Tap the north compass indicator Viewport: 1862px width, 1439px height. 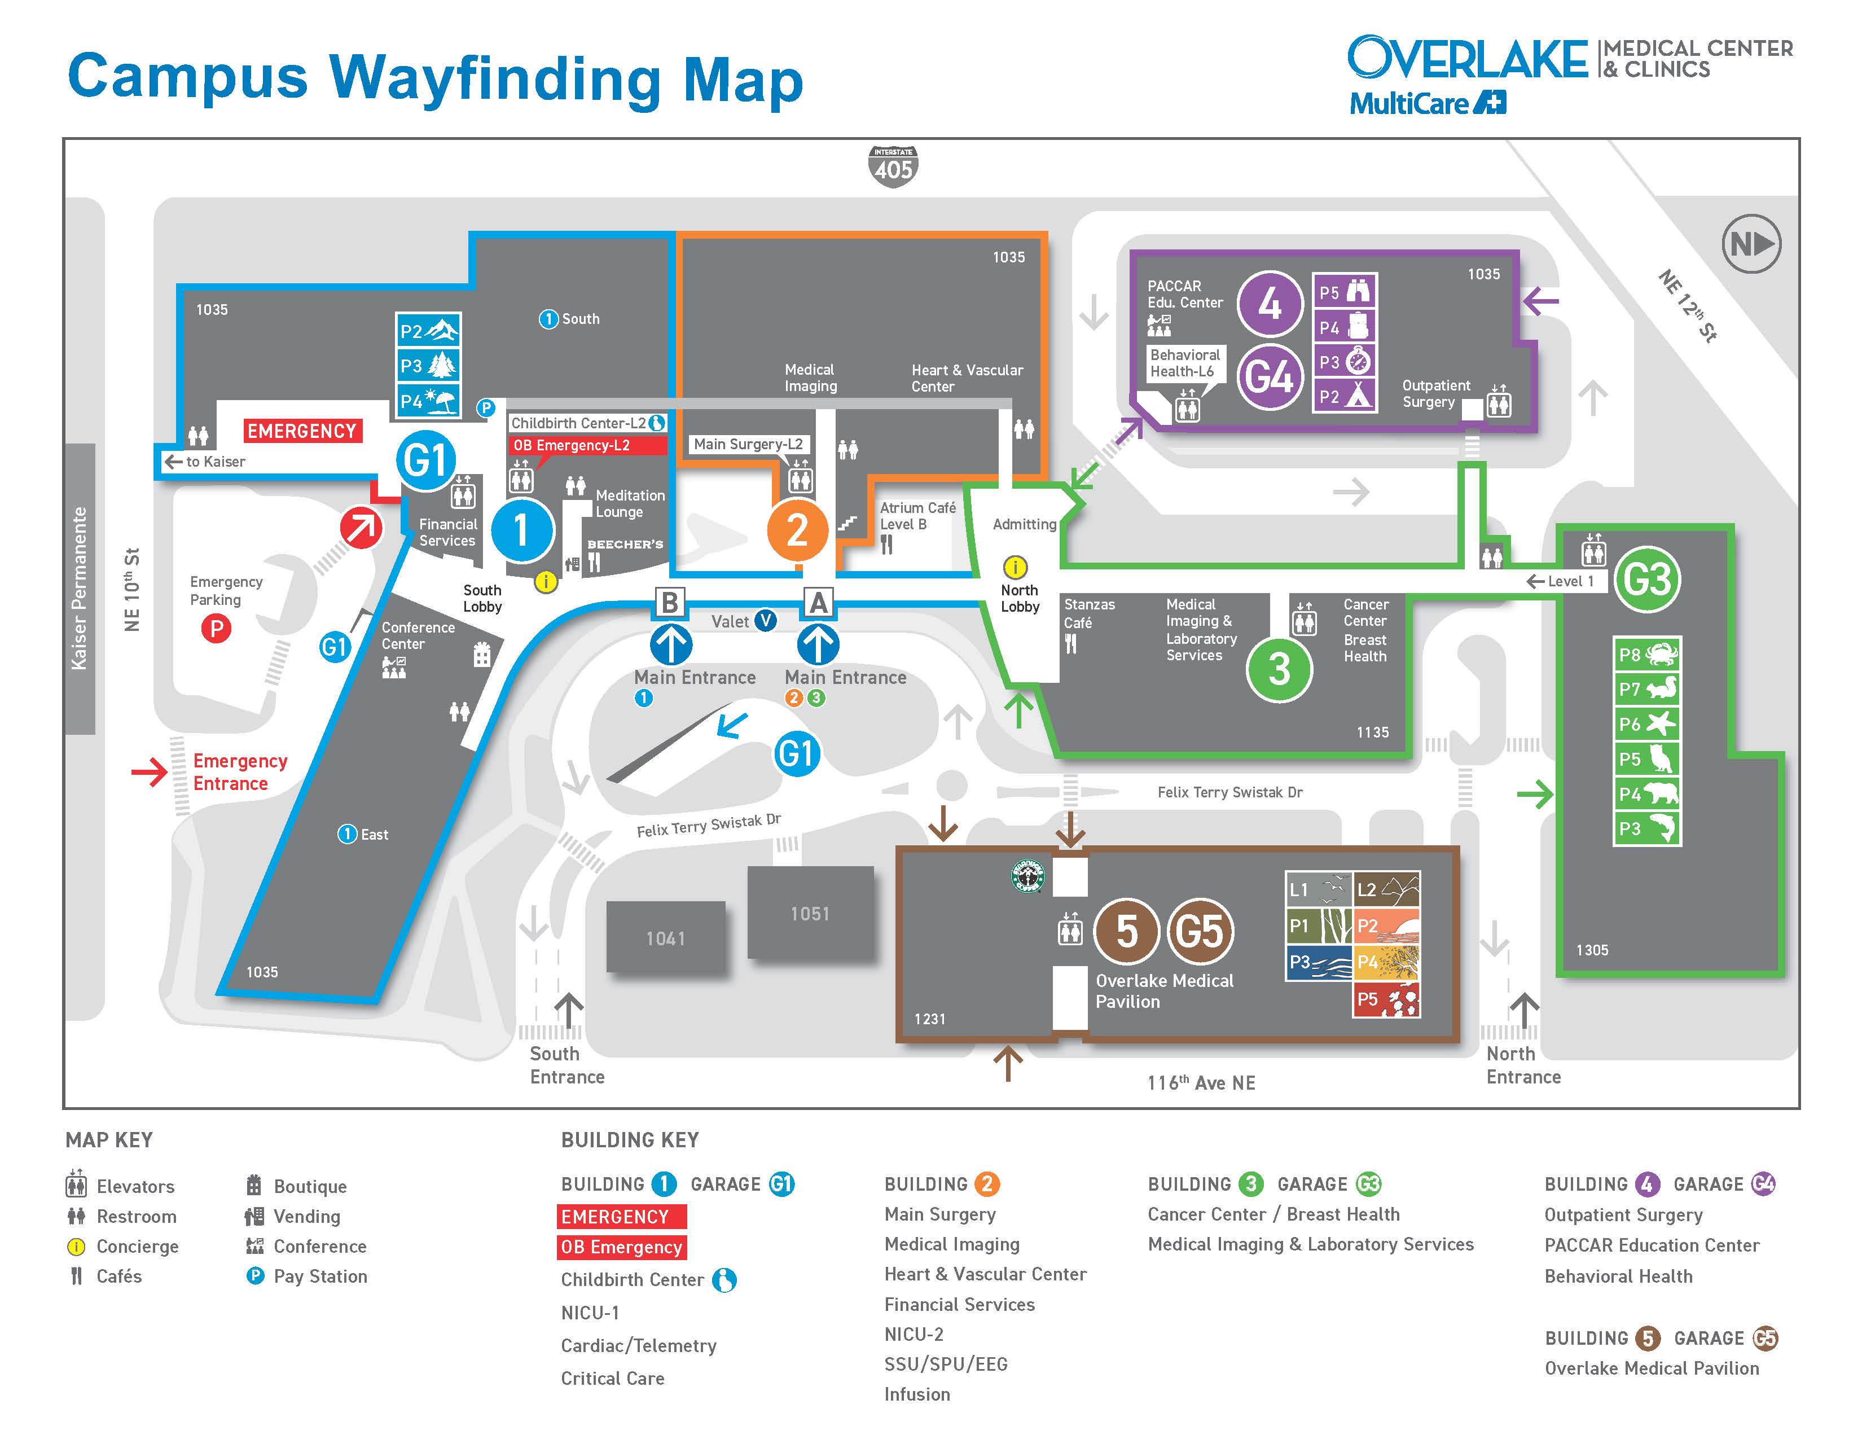[1751, 244]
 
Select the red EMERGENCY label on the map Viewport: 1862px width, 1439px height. [302, 431]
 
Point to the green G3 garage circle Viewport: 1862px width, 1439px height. [1647, 579]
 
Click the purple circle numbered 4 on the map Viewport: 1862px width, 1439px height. [1270, 304]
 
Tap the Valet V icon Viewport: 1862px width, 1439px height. [766, 621]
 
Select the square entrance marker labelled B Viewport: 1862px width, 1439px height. [670, 602]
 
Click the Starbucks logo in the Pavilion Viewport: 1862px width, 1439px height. [1027, 875]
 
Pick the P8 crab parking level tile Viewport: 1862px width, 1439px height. [1647, 655]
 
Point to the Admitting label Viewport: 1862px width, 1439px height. [1024, 524]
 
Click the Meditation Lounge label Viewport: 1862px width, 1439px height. [629, 503]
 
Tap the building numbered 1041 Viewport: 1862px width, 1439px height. [666, 937]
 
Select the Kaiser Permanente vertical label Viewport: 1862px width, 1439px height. [80, 588]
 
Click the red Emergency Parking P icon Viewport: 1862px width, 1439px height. [216, 629]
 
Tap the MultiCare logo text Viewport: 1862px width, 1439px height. [1427, 103]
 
